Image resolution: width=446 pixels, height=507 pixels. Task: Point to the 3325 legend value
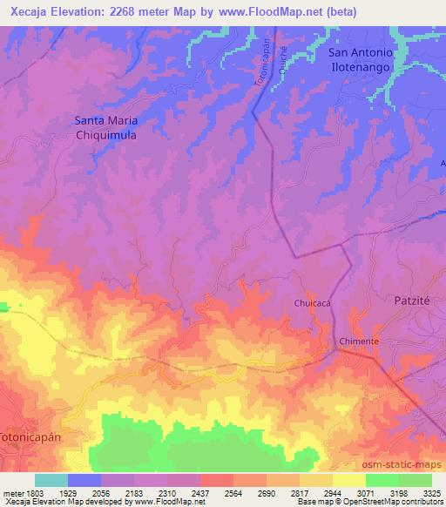pyautogui.click(x=430, y=493)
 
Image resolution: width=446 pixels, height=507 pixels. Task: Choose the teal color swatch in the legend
pyautogui.click(x=51, y=480)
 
